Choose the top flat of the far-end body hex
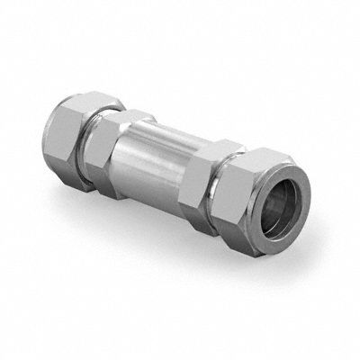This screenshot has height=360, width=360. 135,114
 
